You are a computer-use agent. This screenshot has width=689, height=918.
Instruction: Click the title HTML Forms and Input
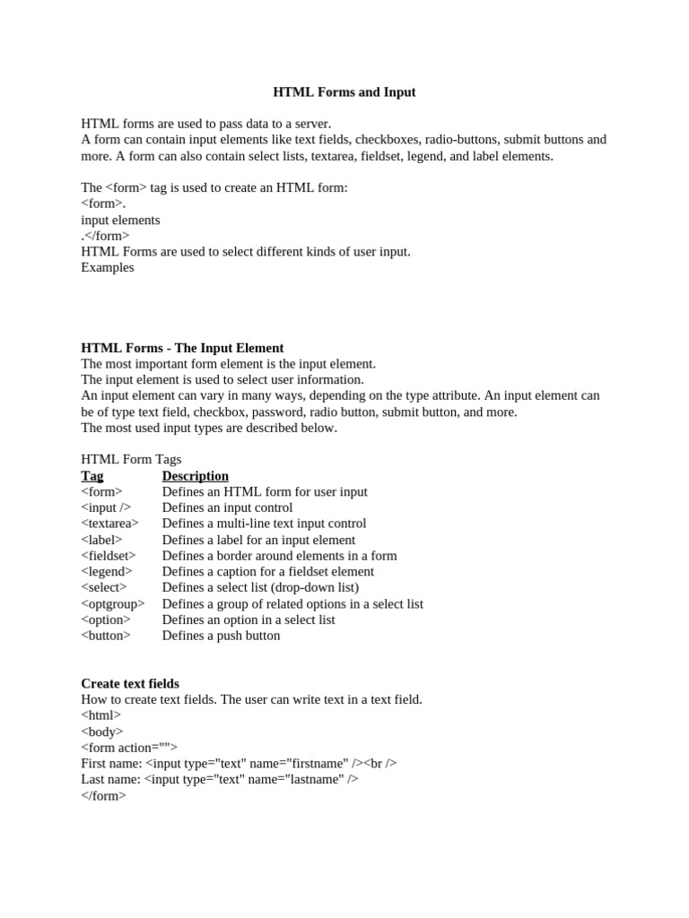coord(344,92)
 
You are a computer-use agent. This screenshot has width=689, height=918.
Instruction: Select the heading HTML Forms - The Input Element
coord(182,348)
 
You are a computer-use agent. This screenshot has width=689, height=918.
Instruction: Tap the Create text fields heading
coord(130,683)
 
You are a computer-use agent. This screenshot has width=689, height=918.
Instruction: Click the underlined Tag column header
coord(92,476)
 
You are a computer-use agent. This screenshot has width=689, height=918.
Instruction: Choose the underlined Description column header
coord(195,476)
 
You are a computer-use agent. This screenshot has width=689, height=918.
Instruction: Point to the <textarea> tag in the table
coord(109,524)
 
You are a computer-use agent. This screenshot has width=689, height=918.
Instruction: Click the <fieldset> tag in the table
coord(108,556)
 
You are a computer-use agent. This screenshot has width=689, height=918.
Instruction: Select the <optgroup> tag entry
coord(112,603)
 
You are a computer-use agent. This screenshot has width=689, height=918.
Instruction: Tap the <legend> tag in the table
coord(106,571)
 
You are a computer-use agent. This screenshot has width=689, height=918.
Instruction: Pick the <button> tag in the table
coord(105,636)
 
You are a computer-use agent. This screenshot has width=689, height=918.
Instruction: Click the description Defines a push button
coord(221,636)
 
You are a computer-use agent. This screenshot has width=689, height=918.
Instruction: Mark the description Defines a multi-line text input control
coord(264,524)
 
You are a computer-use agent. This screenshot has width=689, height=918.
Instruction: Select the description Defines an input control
coord(227,507)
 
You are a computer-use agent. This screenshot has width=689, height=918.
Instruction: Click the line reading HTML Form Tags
coord(131,459)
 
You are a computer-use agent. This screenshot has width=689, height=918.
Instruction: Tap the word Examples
coord(108,267)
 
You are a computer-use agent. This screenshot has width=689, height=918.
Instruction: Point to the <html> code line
coord(100,715)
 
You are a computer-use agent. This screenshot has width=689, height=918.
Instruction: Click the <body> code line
coord(101,732)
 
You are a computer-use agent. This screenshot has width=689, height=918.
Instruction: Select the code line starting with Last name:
coord(220,779)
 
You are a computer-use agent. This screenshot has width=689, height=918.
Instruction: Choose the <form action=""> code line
coord(129,748)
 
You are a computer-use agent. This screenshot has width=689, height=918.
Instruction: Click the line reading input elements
coord(120,220)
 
